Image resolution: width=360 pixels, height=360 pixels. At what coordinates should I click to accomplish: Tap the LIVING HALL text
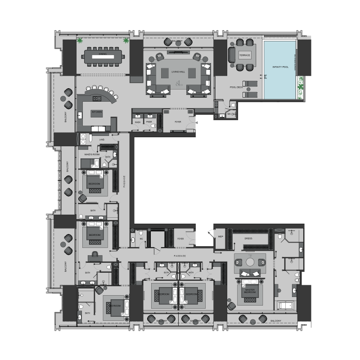tap(178, 72)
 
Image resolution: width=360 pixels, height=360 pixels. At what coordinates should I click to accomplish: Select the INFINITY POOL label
tap(280, 67)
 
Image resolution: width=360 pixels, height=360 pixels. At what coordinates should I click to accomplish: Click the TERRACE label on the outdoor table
tap(245, 55)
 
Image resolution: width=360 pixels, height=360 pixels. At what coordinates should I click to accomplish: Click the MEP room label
tap(221, 237)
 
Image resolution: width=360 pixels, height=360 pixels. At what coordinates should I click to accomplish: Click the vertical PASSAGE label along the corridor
tap(124, 182)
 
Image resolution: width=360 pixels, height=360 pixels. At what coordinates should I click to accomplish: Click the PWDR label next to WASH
tap(149, 121)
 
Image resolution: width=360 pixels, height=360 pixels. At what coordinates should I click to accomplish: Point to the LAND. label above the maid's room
tap(102, 140)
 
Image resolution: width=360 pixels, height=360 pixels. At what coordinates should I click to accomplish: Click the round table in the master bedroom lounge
tap(249, 262)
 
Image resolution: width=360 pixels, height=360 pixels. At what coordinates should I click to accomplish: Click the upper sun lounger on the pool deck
tap(250, 84)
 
